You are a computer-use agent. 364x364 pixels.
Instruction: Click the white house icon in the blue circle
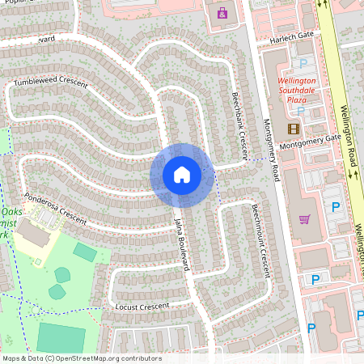182,175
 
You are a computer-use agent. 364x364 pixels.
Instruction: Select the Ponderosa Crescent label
55,208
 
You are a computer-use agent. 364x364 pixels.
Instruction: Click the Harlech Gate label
293,36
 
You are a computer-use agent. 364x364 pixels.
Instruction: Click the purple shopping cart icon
305,218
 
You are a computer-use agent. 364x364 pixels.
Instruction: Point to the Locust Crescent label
142,307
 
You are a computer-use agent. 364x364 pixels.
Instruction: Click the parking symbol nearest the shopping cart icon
335,207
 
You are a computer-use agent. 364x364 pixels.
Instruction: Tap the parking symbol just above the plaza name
304,63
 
